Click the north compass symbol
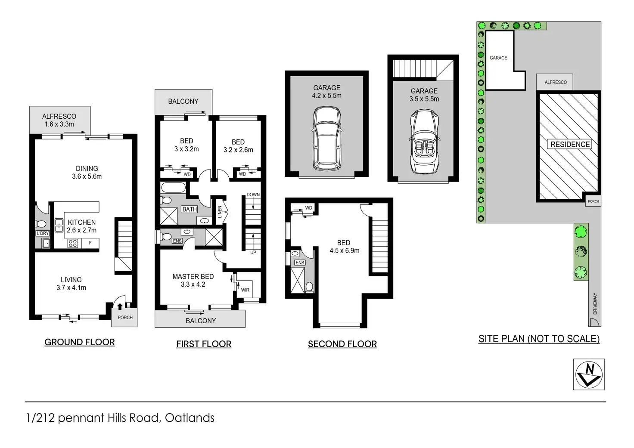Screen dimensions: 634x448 click(588, 374)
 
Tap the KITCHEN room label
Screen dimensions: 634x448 click(81, 222)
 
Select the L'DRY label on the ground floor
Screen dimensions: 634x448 click(43, 233)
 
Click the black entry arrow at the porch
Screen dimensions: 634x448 click(120, 306)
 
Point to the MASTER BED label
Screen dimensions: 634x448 click(193, 276)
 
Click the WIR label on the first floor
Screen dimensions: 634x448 click(245, 290)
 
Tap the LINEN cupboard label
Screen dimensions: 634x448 click(220, 212)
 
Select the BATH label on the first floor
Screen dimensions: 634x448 click(189, 209)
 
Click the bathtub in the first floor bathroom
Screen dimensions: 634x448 click(173, 188)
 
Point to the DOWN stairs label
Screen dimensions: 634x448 click(253, 195)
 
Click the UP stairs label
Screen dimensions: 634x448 click(253, 253)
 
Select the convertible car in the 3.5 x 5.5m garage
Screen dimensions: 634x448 click(424, 141)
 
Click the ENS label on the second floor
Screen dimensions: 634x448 click(300, 263)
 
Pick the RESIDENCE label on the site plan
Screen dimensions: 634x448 click(570, 144)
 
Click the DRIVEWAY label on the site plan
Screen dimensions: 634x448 click(595, 303)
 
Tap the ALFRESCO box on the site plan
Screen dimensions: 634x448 click(555, 82)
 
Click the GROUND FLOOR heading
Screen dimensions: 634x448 click(80, 342)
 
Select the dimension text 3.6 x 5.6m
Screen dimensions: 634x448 click(87, 176)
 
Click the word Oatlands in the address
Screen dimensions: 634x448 click(190, 417)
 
